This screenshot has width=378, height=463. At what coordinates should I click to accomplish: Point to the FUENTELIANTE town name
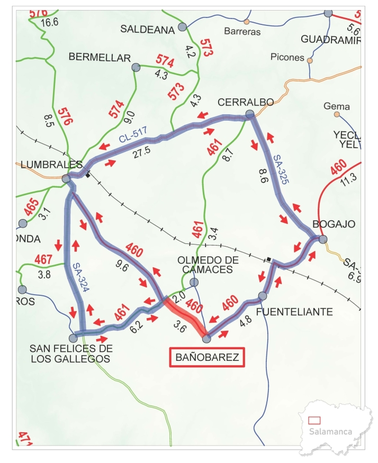tap(294, 312)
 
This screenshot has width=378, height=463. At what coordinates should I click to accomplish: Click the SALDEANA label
tap(147, 30)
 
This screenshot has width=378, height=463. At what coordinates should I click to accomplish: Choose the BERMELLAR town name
tap(100, 58)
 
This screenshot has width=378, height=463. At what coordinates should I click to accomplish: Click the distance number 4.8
tap(245, 320)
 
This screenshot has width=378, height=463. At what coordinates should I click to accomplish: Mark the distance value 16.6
tap(49, 22)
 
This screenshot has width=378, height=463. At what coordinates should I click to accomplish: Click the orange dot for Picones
tap(310, 60)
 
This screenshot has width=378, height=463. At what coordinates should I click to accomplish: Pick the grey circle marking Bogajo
tap(323, 240)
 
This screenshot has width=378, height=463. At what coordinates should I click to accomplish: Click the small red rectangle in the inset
tap(314, 420)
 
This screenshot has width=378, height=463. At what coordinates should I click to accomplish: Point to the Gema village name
tap(337, 106)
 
